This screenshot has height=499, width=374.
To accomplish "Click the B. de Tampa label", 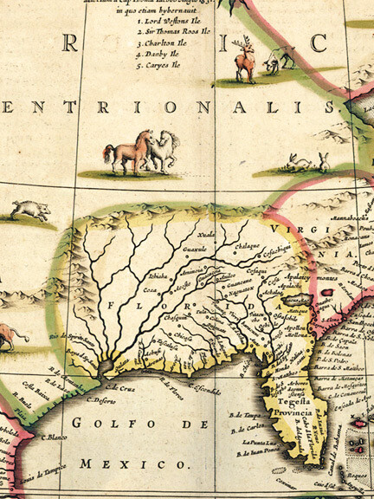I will [x=248, y=415].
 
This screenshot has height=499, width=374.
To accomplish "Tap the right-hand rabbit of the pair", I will [x=324, y=161].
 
